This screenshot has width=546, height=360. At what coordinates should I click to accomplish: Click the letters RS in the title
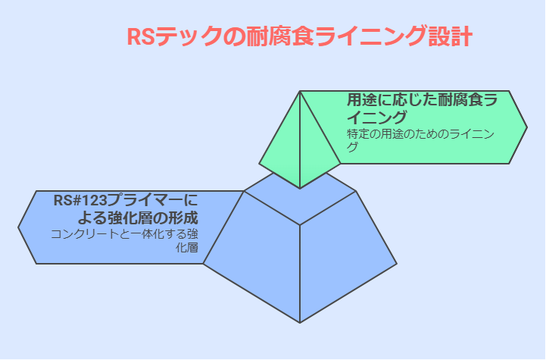pos(141,36)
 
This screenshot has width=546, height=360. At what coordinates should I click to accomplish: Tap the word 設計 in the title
pos(451,36)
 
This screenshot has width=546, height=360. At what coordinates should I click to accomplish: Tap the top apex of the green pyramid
pos(300,91)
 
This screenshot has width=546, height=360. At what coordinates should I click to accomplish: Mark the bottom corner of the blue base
pos(300,323)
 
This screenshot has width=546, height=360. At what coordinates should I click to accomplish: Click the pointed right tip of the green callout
pos(527,127)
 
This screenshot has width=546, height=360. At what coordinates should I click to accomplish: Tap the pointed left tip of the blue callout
pos(18,227)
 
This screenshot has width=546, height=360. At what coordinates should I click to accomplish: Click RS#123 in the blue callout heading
pos(80,201)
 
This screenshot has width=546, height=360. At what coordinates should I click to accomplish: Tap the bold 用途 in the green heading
pos(362,100)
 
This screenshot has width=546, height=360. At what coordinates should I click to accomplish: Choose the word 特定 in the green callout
pos(358,134)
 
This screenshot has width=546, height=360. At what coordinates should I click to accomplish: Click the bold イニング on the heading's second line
pos(376,117)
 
